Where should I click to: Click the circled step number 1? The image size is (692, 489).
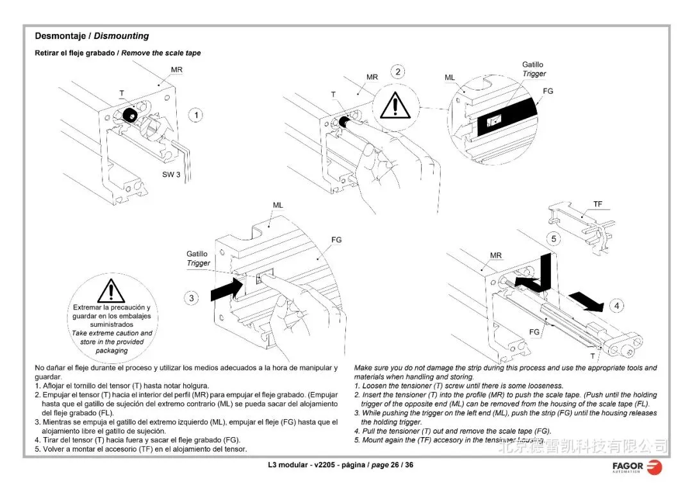point(195,115)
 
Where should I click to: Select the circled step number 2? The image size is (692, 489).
point(398,72)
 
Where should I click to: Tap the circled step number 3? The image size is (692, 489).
point(192,298)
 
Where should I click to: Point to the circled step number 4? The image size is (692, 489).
point(616,306)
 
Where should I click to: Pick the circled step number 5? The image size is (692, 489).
point(555,239)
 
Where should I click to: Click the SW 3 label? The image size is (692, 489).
point(171,175)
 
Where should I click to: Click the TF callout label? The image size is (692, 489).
point(597,204)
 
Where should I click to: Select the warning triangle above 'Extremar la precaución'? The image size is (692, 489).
point(111,290)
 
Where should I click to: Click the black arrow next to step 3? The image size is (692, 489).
point(227,288)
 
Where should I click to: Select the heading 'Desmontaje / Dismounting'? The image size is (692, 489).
point(92,36)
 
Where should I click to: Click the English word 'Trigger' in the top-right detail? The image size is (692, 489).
point(534,74)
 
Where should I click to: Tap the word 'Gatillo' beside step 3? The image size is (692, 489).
point(197,254)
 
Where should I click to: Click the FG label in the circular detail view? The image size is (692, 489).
point(548,91)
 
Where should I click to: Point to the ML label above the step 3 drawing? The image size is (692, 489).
point(277,205)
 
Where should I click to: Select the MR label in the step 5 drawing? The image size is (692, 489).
point(496,255)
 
